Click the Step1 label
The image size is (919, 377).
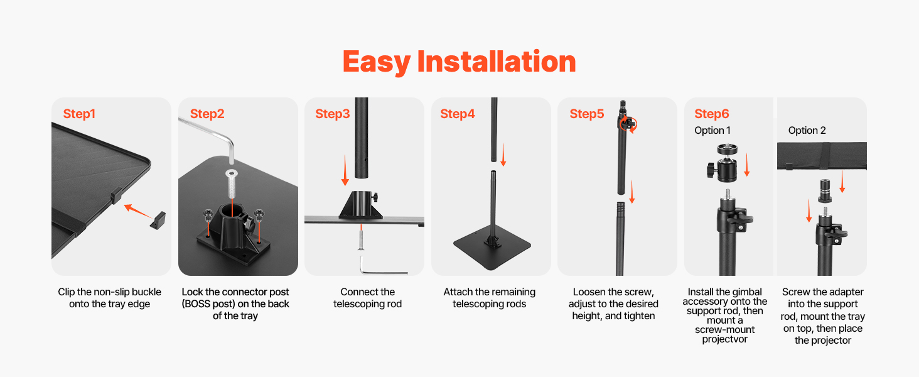79,114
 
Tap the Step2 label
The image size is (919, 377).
207,114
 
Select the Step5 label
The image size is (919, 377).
587,114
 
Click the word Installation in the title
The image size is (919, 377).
497,62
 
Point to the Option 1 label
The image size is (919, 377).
712,131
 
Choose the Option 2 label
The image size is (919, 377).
807,131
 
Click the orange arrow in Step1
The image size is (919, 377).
138,210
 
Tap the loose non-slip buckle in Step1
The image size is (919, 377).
158,221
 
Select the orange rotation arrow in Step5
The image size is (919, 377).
628,124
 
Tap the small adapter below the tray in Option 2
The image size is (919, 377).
825,191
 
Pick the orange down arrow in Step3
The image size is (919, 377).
345,170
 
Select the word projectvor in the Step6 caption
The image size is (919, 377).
724,339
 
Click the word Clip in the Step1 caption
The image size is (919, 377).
66,292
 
